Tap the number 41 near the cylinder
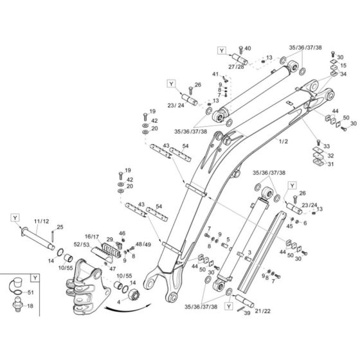pyautogui.click(x=216, y=75)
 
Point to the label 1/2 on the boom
pyautogui.click(x=283, y=140)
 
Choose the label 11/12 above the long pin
pyautogui.click(x=40, y=221)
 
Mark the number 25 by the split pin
pyautogui.click(x=60, y=227)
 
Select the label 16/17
pyautogui.click(x=91, y=237)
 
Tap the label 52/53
pyautogui.click(x=91, y=245)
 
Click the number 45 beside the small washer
pyautogui.click(x=290, y=226)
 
